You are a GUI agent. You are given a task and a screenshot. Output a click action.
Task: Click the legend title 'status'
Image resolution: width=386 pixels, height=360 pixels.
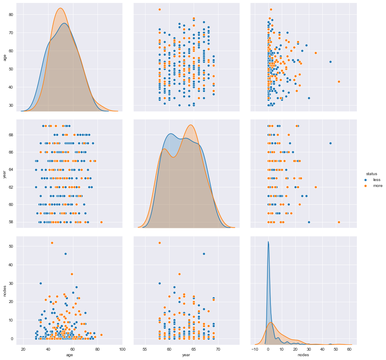371,173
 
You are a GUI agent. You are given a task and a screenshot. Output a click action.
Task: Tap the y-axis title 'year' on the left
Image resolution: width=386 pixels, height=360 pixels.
5,173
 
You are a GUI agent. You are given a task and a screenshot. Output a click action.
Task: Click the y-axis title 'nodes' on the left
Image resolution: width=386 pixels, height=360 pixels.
5,290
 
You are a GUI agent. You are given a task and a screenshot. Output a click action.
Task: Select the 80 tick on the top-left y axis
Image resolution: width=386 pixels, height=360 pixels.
11,15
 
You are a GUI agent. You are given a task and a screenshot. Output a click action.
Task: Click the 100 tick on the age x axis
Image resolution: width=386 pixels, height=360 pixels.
122,350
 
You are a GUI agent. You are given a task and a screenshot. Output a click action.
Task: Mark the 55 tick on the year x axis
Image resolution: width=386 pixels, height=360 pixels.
145,350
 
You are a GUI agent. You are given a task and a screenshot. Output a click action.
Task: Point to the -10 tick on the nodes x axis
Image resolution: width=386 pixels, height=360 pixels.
254,350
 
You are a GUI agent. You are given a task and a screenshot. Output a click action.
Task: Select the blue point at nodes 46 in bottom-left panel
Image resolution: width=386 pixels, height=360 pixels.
65,254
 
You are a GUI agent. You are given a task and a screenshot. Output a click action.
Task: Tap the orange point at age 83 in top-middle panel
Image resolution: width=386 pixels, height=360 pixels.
159,9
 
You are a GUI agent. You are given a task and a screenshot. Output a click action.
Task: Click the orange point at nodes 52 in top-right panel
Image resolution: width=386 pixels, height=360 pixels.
339,82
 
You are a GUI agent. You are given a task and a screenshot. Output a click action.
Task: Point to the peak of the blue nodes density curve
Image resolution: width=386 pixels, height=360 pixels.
268,242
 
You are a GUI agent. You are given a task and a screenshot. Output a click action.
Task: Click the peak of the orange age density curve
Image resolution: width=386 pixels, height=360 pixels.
60,8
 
